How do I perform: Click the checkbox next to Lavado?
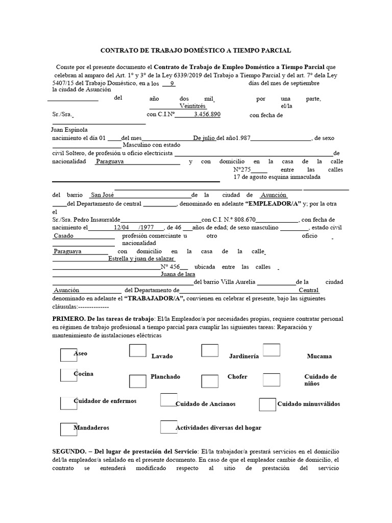click(138, 350)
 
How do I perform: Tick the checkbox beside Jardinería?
click(210, 350)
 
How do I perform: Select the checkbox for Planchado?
click(138, 382)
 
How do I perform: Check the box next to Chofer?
click(210, 382)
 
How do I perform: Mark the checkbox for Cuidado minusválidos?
click(267, 404)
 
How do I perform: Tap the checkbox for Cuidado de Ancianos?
click(168, 400)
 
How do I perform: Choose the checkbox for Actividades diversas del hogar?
click(168, 427)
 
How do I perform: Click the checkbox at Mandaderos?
click(68, 430)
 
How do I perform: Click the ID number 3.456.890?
click(207, 114)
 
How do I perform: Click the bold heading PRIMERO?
click(70, 318)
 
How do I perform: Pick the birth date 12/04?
click(121, 227)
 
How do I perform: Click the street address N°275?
click(243, 170)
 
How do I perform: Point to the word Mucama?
click(319, 356)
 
